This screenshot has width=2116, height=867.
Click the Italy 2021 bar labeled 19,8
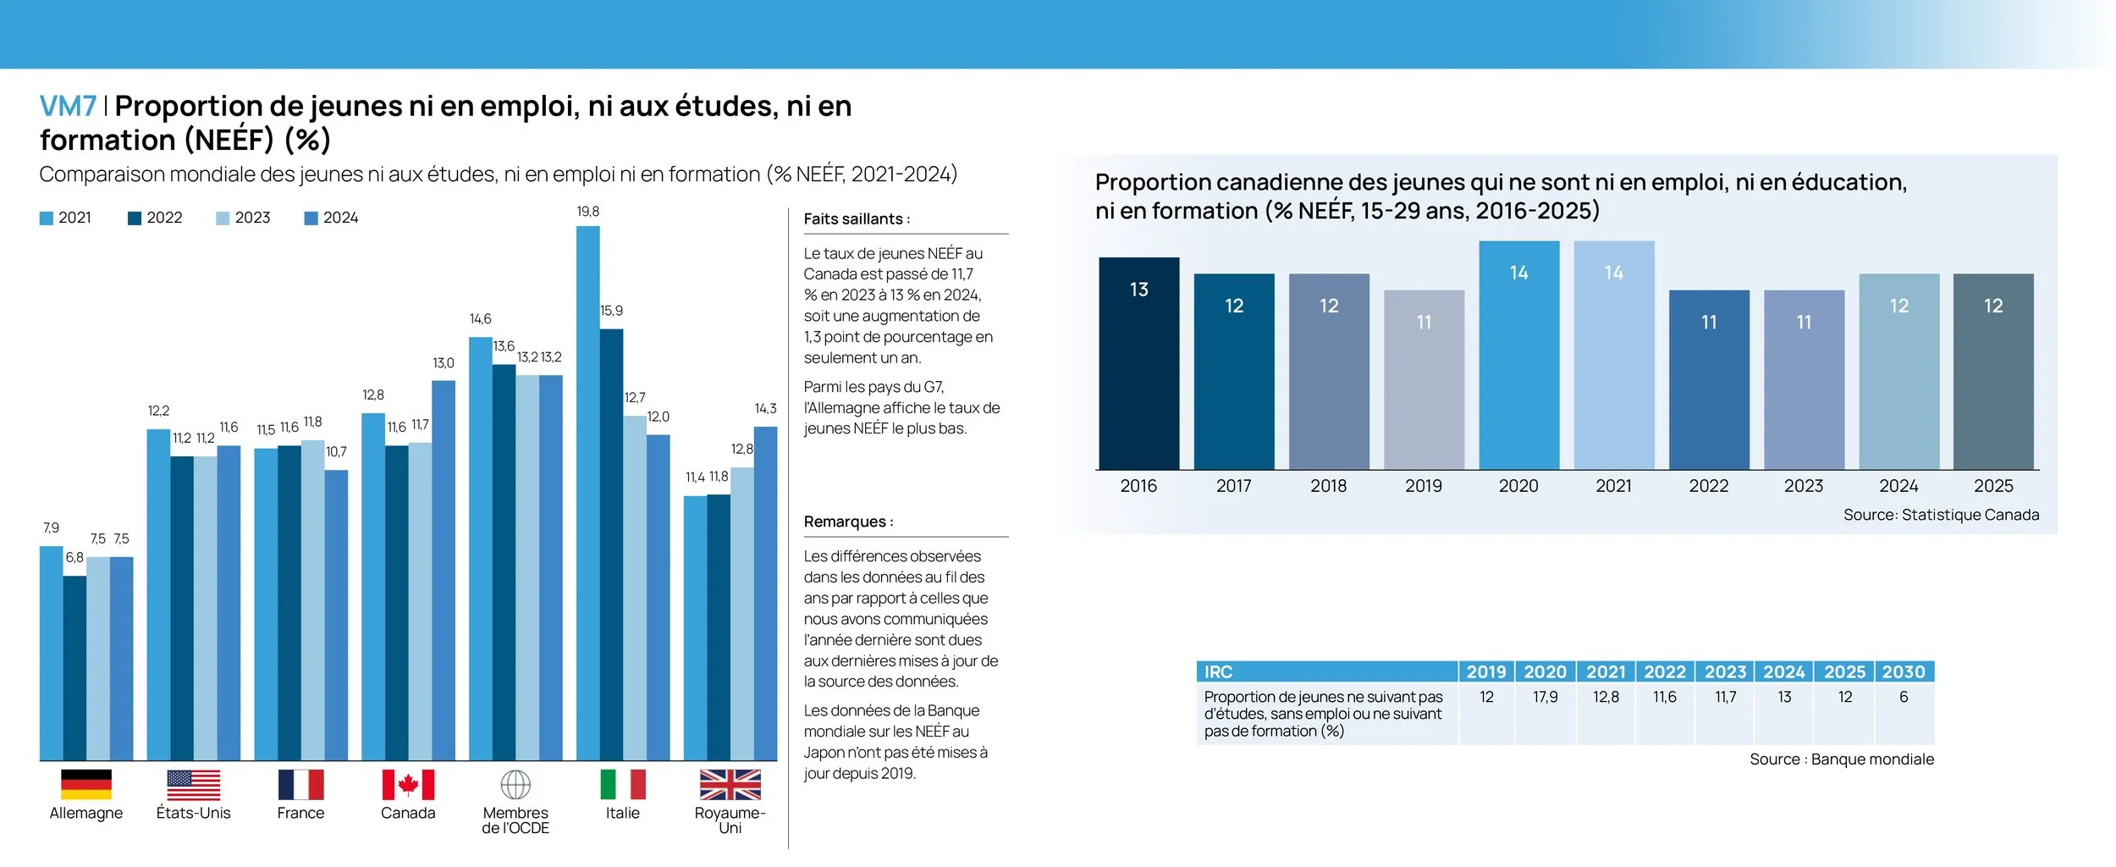[x=587, y=491]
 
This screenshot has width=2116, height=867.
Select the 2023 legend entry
[x=243, y=218]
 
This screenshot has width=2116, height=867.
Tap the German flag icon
[x=86, y=784]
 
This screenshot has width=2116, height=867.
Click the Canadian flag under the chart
[x=408, y=784]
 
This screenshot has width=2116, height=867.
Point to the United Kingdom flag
[x=730, y=784]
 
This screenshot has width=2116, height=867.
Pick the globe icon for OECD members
[x=515, y=784]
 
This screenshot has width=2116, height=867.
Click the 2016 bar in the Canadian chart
[x=1138, y=364]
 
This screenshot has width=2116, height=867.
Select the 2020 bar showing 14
[x=1518, y=356]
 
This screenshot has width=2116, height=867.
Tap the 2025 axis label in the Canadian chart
[x=1993, y=486]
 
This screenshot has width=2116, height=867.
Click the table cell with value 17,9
[x=1545, y=697]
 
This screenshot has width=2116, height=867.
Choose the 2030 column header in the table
[x=1904, y=671]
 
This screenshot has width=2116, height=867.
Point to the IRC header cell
[x=1326, y=671]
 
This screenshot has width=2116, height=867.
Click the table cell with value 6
[x=1904, y=697]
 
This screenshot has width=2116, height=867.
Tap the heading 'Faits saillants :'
[x=857, y=218]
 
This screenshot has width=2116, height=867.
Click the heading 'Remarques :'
[x=848, y=522]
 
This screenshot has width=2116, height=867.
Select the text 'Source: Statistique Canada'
[x=1941, y=515]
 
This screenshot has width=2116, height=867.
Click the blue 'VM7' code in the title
[x=68, y=107]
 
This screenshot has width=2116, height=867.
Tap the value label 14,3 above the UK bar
[x=765, y=409]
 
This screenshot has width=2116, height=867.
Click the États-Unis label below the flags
[x=193, y=813]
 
